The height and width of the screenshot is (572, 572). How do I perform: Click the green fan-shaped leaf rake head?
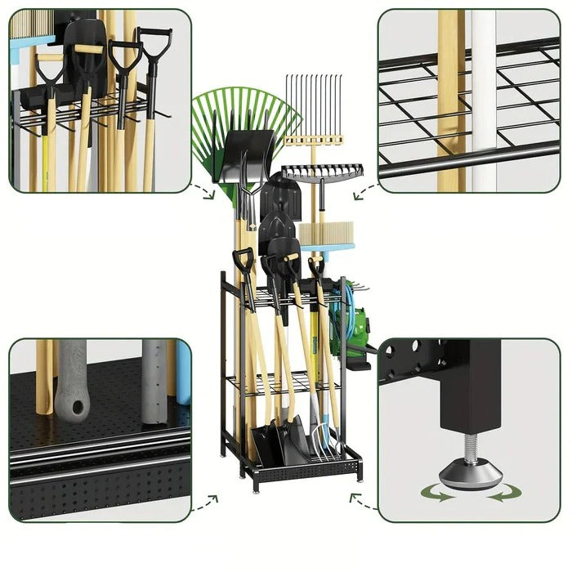pyautogui.click(x=245, y=110)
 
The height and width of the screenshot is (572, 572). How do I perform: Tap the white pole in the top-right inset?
pyautogui.click(x=483, y=98)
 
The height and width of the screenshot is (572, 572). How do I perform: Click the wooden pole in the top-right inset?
pyautogui.click(x=450, y=98)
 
